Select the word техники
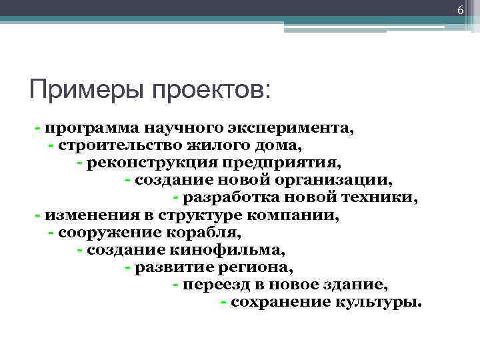tap(383, 198)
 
